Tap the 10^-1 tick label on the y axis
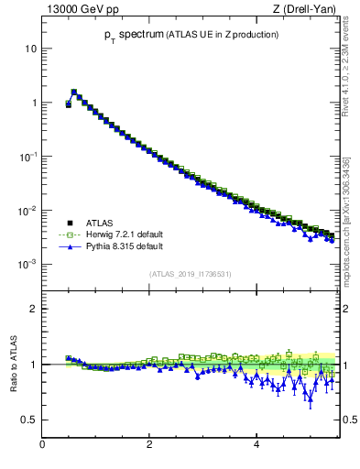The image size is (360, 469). (x=28, y=157)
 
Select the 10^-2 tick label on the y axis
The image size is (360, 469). (x=28, y=211)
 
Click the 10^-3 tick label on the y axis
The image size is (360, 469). (x=28, y=265)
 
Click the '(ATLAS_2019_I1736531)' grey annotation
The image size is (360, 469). (x=190, y=273)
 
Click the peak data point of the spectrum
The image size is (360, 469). (x=74, y=92)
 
